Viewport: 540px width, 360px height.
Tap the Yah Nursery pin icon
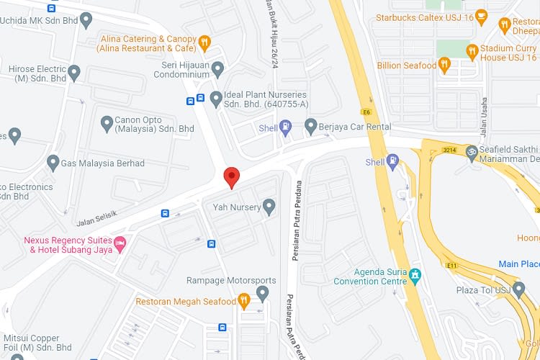[x=269, y=207]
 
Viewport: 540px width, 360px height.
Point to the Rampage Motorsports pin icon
[x=263, y=292]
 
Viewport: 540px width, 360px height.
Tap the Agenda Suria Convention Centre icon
[x=414, y=276]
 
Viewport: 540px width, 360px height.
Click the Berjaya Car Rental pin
[x=310, y=127]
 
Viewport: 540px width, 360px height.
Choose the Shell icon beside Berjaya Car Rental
[x=286, y=128]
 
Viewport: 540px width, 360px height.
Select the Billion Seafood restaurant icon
[x=445, y=66]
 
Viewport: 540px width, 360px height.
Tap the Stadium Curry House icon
[x=472, y=51]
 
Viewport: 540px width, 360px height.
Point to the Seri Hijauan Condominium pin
[x=217, y=69]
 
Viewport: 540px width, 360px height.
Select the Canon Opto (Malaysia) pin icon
[x=105, y=124]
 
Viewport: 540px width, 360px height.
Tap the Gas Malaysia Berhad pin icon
[x=53, y=163]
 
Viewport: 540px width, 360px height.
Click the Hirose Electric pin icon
[x=73, y=73]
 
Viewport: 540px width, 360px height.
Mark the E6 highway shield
[x=366, y=112]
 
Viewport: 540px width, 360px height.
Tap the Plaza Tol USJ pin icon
[x=519, y=289]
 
